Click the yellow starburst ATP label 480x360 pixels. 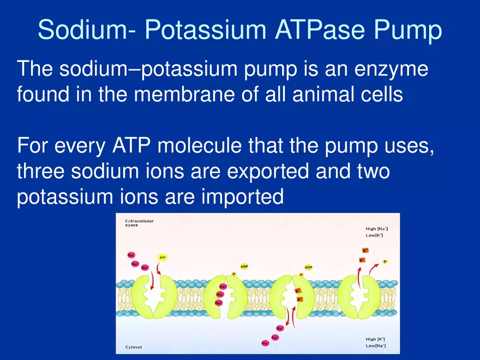[x=163, y=257]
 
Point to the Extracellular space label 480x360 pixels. [x=140, y=223]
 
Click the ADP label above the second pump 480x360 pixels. [x=244, y=266]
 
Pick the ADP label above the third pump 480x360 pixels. [x=308, y=267]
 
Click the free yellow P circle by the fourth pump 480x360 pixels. [x=385, y=262]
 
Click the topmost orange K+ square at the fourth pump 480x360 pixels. [x=365, y=250]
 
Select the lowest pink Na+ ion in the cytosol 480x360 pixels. [x=265, y=343]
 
